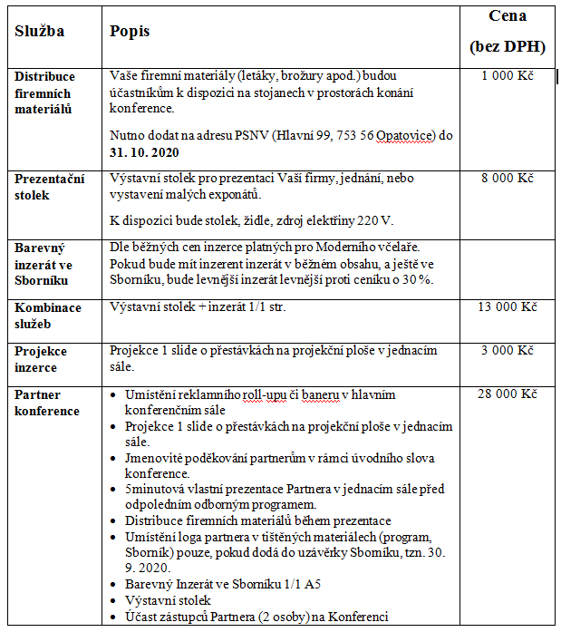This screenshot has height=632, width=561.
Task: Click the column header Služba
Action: click(x=39, y=31)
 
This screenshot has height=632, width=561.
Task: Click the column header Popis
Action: click(x=130, y=31)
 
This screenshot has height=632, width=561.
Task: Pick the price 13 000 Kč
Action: click(x=508, y=307)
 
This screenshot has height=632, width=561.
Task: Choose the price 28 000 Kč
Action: click(x=508, y=394)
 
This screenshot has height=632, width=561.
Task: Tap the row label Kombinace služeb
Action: click(x=48, y=316)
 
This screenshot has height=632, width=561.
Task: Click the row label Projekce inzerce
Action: click(x=43, y=359)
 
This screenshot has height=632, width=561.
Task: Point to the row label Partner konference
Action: click(x=47, y=403)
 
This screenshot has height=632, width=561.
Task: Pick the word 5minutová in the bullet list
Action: click(x=156, y=489)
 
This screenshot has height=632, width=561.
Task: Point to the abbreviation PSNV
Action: click(x=248, y=136)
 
